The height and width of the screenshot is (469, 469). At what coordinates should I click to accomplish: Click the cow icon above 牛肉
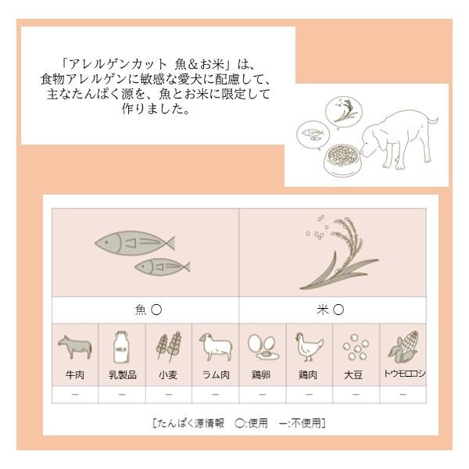[x=75, y=347]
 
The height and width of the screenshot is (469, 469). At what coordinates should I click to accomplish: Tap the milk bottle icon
[x=122, y=346]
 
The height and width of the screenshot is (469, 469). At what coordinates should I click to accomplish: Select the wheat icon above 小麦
[x=169, y=346]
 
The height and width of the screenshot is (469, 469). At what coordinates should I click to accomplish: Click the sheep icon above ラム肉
[x=216, y=347]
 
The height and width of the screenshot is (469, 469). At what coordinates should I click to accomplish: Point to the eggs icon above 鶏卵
[x=263, y=347]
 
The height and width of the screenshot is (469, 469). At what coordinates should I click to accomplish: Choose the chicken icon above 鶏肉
[x=309, y=347]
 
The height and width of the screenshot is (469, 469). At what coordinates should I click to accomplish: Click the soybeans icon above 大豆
[x=356, y=347]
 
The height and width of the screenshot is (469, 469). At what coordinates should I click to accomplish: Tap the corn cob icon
[x=403, y=347]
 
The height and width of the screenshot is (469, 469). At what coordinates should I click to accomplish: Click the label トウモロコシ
[x=403, y=374]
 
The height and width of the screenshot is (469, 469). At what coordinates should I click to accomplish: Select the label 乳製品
[x=123, y=374]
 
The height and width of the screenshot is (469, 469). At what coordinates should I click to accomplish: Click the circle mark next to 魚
[x=156, y=310]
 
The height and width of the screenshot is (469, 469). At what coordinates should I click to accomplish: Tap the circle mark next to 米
[x=338, y=310]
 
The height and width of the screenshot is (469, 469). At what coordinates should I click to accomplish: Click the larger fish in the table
[x=134, y=243]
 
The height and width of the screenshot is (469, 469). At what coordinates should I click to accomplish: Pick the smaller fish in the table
[x=162, y=267]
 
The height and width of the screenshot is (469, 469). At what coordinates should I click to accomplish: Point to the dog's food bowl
[x=343, y=160]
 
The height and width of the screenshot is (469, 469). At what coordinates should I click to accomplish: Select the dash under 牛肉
[x=75, y=395]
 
